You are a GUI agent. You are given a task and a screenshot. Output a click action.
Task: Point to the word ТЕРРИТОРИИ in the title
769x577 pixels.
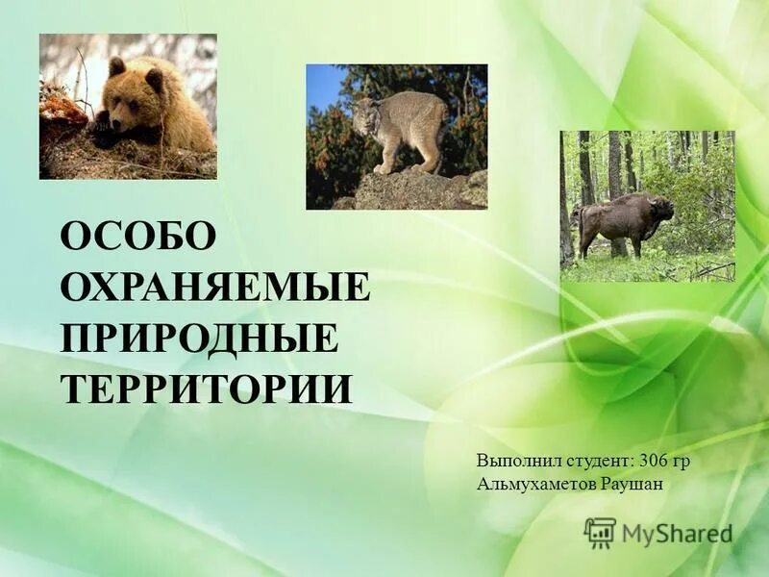pos(207,389)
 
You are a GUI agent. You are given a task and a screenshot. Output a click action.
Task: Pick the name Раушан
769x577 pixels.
pos(632,483)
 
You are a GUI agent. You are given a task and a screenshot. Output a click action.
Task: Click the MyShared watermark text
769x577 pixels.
pos(677,534)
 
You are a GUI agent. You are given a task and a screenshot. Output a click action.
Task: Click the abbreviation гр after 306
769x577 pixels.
pos(682,462)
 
